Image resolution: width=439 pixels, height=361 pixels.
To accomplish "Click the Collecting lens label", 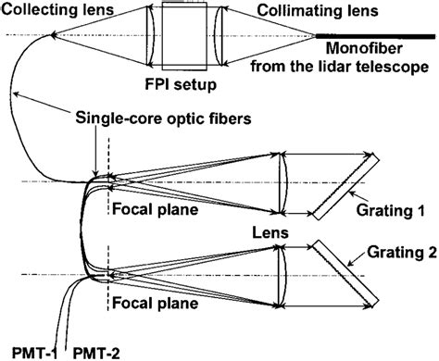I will coord(64,9).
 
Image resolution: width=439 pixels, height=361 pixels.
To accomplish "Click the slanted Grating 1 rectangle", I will coord(338,185).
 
